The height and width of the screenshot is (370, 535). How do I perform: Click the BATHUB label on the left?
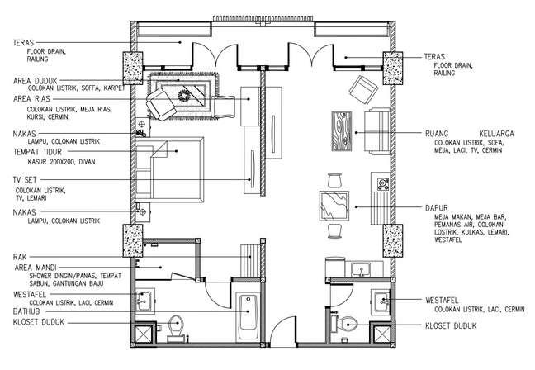[x=26, y=311]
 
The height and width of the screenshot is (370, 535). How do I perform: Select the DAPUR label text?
[x=437, y=208]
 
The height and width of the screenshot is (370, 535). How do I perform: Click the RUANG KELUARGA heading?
[x=470, y=134]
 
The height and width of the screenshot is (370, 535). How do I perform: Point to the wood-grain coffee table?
[x=342, y=131]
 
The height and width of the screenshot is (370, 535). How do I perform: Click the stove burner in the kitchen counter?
[x=383, y=184]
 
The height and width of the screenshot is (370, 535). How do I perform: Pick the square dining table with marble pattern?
[x=334, y=206]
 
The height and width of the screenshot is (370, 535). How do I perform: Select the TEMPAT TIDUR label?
[x=37, y=152]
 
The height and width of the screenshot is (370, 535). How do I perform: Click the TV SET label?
[x=25, y=180]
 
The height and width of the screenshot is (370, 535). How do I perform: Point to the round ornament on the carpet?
[x=183, y=95]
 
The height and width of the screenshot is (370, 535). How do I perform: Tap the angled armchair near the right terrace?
[x=363, y=90]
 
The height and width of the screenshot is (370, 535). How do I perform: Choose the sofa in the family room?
[x=377, y=131]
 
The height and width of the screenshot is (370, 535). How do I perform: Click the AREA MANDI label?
[x=36, y=268]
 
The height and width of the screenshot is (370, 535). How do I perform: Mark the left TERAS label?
[x=24, y=43]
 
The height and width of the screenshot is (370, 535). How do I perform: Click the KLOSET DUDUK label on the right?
[x=451, y=325]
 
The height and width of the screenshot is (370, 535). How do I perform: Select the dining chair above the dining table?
[x=334, y=180]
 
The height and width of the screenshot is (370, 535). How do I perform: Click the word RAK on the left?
[x=20, y=257]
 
